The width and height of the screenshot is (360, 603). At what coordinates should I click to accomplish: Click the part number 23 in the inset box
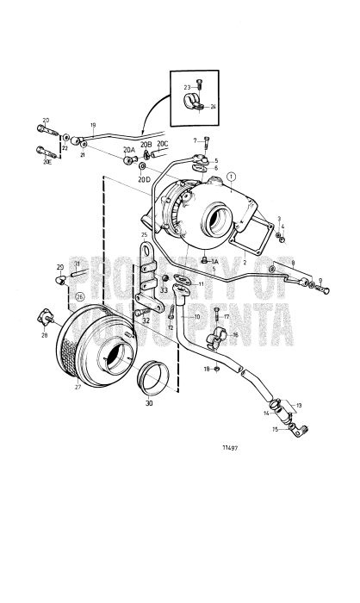(x=187, y=87)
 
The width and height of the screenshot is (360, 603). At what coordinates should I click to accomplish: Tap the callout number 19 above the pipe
(x=93, y=125)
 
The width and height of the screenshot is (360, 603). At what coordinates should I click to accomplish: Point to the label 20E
(x=47, y=161)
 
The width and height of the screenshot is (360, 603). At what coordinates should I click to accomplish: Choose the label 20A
(x=128, y=150)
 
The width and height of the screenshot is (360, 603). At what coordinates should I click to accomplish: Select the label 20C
(x=162, y=144)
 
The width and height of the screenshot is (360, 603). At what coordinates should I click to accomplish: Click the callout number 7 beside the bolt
(x=196, y=140)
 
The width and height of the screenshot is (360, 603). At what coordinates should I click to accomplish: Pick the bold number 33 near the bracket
(x=164, y=290)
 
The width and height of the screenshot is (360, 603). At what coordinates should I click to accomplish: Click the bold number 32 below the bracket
(x=146, y=320)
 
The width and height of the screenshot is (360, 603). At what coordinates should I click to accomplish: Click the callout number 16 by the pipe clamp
(x=234, y=334)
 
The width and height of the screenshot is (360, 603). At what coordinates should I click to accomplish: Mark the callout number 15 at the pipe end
(x=276, y=429)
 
